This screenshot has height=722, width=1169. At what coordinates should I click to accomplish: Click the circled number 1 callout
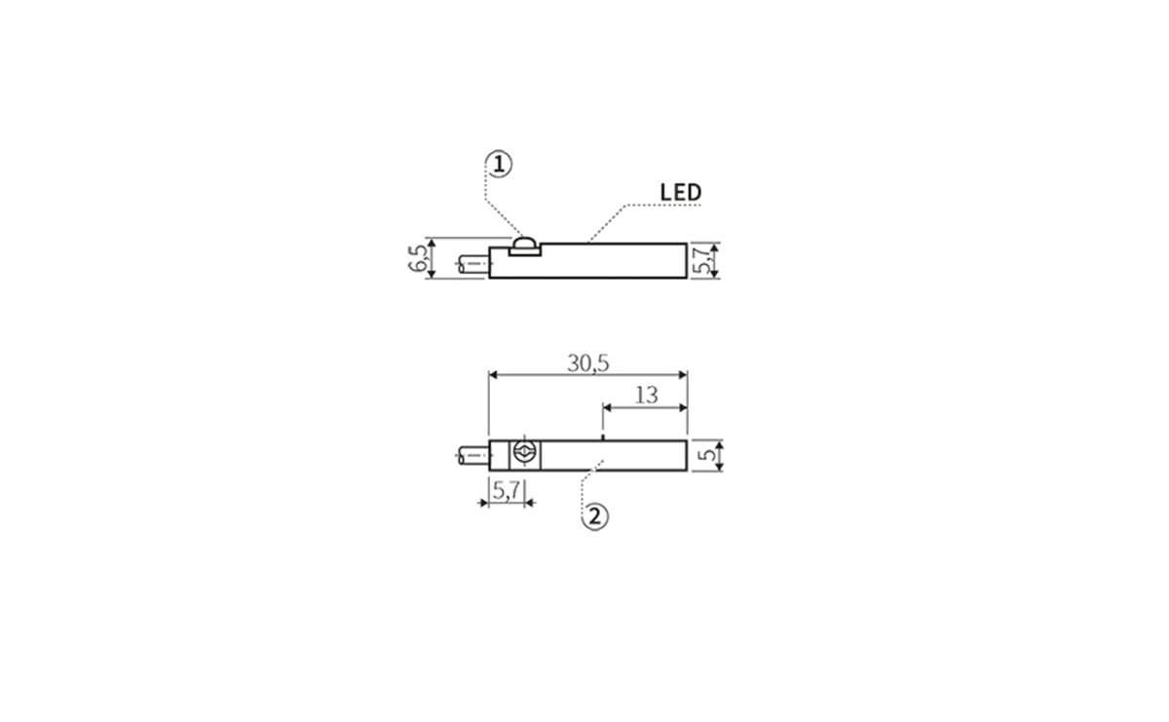pyautogui.click(x=500, y=164)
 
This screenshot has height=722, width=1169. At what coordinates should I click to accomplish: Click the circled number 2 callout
pyautogui.click(x=595, y=516)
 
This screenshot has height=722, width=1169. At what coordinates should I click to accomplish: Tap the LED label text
pyautogui.click(x=681, y=192)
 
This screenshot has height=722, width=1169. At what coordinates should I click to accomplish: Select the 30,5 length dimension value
pyautogui.click(x=588, y=363)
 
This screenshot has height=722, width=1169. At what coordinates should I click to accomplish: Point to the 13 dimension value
pyautogui.click(x=646, y=396)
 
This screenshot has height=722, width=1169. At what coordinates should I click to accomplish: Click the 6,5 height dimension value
pyautogui.click(x=418, y=258)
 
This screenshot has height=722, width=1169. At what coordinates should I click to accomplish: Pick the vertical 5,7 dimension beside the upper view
pyautogui.click(x=700, y=260)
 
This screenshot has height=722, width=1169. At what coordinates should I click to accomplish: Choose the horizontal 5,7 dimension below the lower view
pyautogui.click(x=507, y=490)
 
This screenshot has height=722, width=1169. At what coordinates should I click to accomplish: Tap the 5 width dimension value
pyautogui.click(x=706, y=455)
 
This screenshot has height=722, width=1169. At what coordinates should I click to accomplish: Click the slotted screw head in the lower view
pyautogui.click(x=524, y=451)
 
